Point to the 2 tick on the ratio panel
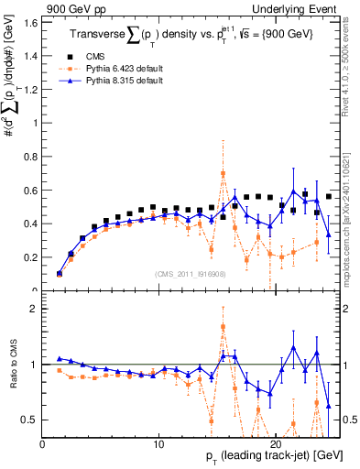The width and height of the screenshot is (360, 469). pyautogui.click(x=33, y=309)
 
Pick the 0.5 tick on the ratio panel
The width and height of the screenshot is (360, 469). pyautogui.click(x=29, y=420)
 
